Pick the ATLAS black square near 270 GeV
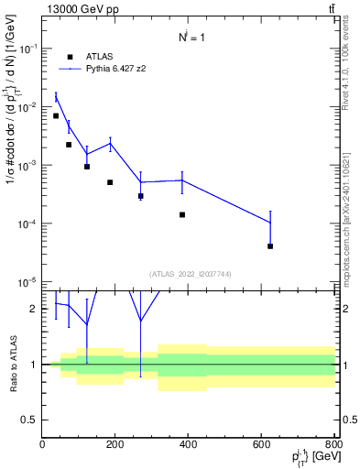point(140,196)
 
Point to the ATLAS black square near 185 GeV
point(110,182)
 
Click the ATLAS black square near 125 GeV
point(87,167)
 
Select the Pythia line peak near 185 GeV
point(110,143)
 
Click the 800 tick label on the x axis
point(333,445)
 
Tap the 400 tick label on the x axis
point(188,445)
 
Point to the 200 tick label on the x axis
point(115,445)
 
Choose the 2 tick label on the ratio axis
point(35,310)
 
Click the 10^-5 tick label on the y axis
point(26,282)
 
